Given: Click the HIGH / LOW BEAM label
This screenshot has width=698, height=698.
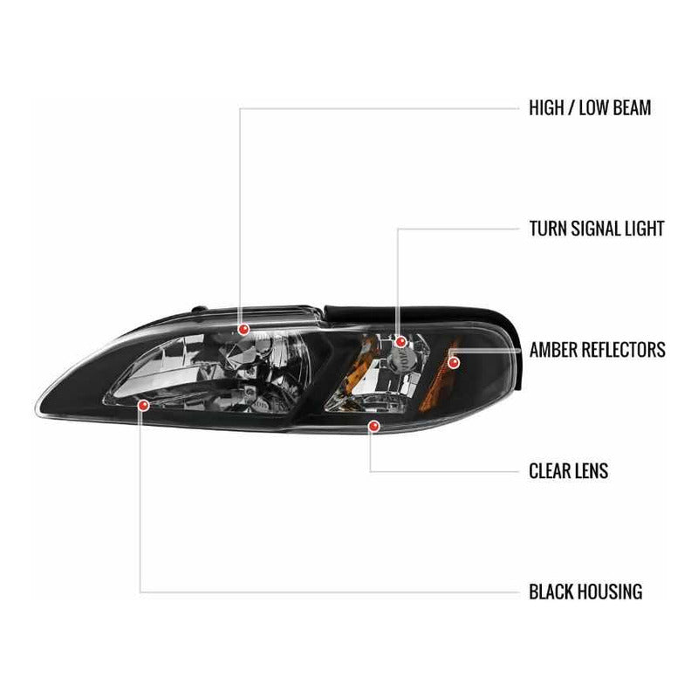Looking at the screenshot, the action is (590, 108).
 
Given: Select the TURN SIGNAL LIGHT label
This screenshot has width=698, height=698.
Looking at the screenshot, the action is (597, 229).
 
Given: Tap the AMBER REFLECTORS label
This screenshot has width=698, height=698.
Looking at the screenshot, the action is (598, 350).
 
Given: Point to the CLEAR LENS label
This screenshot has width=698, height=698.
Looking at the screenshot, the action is (569, 471).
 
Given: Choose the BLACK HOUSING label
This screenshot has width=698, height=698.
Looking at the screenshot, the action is (585, 592).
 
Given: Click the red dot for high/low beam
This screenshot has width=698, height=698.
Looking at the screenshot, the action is (243, 330).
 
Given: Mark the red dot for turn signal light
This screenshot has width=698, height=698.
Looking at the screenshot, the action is (400, 342).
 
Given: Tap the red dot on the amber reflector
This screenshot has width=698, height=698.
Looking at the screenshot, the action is (454, 363).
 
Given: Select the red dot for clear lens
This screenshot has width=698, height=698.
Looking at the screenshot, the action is (373, 427).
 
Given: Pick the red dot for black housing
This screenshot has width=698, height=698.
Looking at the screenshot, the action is (143, 405).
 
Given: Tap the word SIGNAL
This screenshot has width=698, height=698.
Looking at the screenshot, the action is (597, 229).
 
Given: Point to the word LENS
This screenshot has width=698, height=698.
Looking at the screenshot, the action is (592, 471).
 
